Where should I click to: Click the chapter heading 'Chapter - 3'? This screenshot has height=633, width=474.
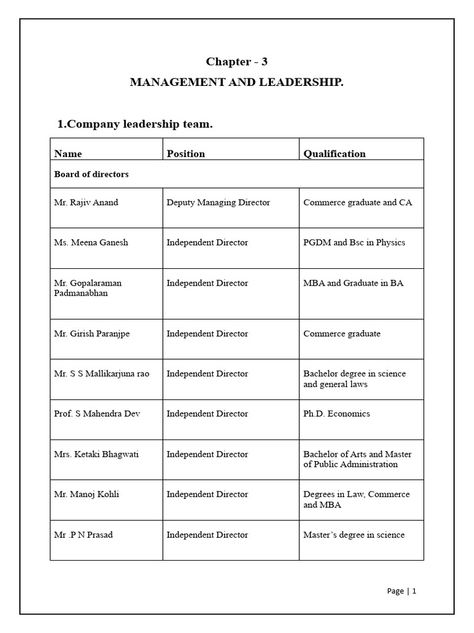(x=236, y=61)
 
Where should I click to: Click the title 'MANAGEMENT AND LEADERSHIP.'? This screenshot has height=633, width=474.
(x=236, y=82)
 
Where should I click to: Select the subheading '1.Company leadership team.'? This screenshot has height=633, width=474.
(x=135, y=124)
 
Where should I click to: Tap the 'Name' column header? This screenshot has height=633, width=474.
(x=68, y=153)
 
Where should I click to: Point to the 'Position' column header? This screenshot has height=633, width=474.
(x=186, y=153)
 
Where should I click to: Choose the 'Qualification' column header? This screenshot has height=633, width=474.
(x=335, y=153)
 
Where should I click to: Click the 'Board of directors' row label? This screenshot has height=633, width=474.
(x=91, y=174)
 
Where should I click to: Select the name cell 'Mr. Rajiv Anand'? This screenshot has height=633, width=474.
(x=86, y=202)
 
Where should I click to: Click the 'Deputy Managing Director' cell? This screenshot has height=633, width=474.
(x=218, y=202)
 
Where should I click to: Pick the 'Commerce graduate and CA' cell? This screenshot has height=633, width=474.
(x=357, y=202)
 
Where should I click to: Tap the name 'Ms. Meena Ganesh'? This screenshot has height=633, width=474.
(x=91, y=242)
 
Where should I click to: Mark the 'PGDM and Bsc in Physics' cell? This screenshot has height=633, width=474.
(x=354, y=242)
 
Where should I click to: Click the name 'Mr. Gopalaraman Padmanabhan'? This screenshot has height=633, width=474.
(x=88, y=288)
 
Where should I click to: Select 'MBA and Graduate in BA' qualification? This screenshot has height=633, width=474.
(x=353, y=283)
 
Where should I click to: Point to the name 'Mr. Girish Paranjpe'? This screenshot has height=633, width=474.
(x=92, y=334)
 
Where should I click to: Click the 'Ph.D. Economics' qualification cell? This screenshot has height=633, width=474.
(x=336, y=414)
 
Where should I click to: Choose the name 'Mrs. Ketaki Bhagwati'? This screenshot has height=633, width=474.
(x=96, y=454)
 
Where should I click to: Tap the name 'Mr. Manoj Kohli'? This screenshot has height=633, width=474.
(x=86, y=495)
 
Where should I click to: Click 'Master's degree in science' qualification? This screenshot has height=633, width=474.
(x=354, y=535)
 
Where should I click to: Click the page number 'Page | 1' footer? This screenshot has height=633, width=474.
(x=402, y=591)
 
